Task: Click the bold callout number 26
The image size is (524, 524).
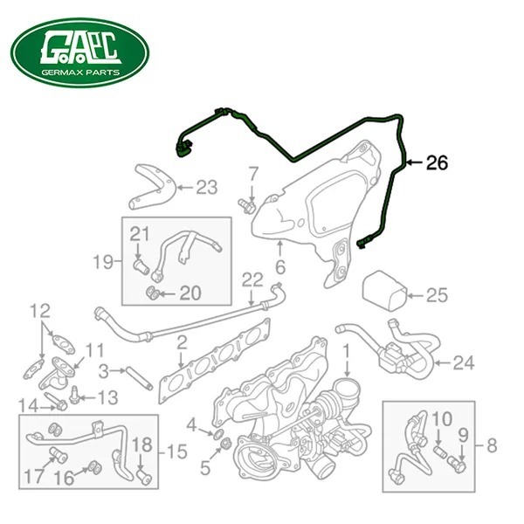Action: [437, 163]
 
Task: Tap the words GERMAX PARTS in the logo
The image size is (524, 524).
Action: [80, 72]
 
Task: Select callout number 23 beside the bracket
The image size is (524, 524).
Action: [206, 188]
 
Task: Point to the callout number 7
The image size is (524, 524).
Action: [253, 174]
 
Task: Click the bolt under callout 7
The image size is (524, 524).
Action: [246, 205]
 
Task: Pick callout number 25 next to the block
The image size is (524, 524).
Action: [437, 295]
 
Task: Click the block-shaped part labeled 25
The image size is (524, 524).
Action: [384, 291]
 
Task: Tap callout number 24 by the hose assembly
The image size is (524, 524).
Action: [464, 363]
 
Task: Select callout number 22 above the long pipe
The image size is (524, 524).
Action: [252, 280]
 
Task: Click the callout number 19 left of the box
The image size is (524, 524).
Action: [103, 262]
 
